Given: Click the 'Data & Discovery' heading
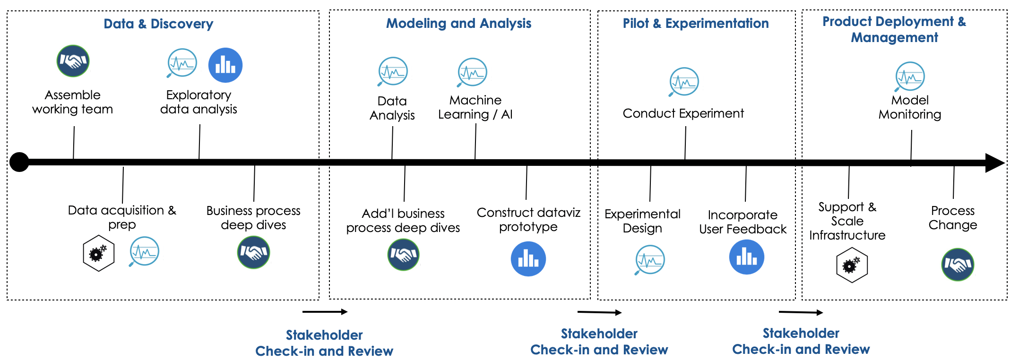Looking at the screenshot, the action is pos(158,24).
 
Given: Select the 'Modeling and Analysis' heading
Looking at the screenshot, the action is pos(458,23).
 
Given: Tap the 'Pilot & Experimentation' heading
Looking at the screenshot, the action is pos(695,23).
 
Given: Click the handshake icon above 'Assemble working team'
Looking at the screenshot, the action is pos(73,61).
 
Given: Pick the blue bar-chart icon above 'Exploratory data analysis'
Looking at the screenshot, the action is pos(225,65).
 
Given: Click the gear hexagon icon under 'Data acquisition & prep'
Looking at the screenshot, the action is pos(98,253).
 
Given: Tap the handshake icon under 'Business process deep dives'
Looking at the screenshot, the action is pos(253,252).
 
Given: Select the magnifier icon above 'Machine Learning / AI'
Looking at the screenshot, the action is pos(472,72).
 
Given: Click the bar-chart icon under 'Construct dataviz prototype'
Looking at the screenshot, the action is pos(528,259).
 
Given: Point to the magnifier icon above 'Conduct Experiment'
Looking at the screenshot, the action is pos(683,82).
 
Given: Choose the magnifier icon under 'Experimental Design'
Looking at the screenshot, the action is pos(649,260).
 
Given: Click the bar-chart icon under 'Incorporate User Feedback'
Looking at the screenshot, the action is pos(747,257).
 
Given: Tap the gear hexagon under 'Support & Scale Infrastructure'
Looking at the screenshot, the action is pos(852,265).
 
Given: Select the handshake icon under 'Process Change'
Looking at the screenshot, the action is pos(958,265).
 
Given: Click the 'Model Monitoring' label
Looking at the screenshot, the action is pos(910,107).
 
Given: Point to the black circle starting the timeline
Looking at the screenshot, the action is pos(19,162).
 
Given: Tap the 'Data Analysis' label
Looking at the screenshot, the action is pos(392,108).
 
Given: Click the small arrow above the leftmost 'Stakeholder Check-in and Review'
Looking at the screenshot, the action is pos(325,311).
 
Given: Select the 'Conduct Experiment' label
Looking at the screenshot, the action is pos(683,113).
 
